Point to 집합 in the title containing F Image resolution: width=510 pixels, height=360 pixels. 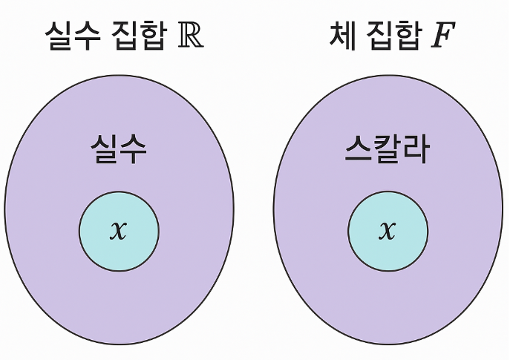[x=398, y=35]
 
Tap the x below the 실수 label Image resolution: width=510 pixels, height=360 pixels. [x=118, y=230]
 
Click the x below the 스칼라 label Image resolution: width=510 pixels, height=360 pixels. [x=388, y=230]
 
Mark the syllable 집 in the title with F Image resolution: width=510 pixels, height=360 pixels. [x=383, y=35]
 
